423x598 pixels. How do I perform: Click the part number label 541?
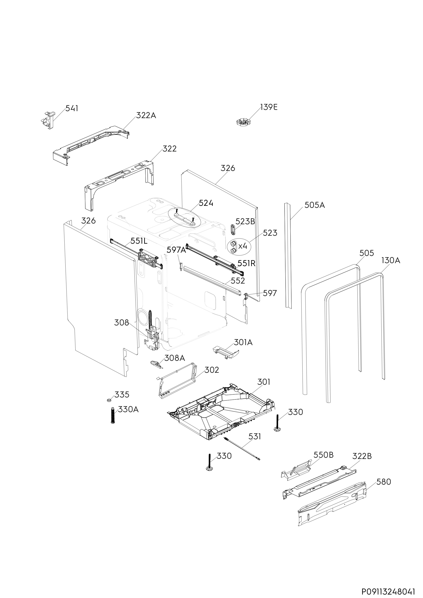[72, 108]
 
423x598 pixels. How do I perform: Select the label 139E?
[269, 107]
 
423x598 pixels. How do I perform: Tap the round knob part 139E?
[243, 122]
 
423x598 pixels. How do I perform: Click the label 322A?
[146, 115]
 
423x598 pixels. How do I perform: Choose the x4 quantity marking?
[242, 246]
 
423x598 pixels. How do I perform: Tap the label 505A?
[315, 205]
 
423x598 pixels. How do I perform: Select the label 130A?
[390, 260]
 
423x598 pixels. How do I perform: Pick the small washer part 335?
[109, 400]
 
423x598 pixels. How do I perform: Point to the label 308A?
[174, 358]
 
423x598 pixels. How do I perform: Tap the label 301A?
[243, 342]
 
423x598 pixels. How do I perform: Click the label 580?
[384, 482]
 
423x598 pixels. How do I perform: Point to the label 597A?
[176, 250]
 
